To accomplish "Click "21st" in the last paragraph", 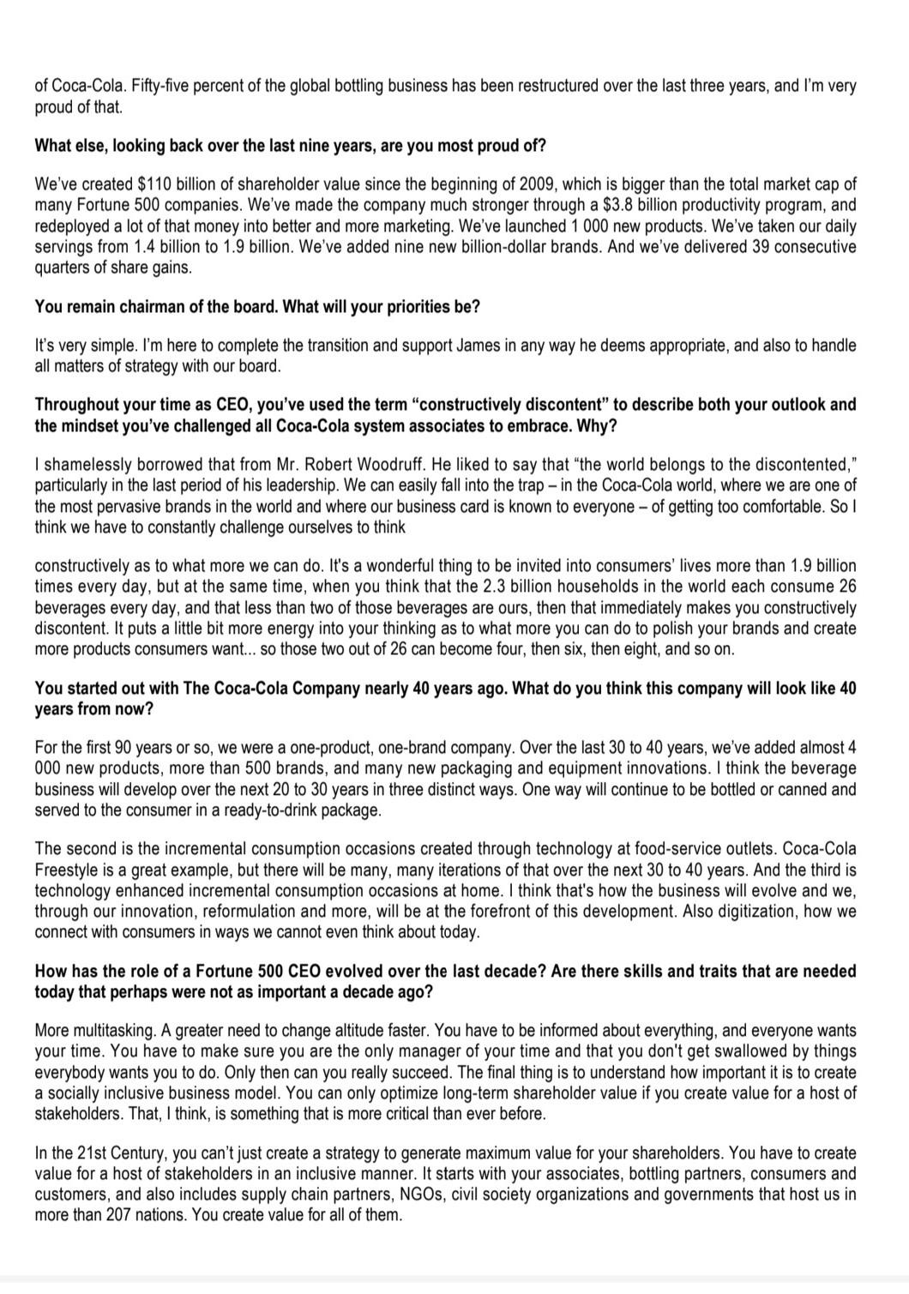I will [67, 1153].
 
